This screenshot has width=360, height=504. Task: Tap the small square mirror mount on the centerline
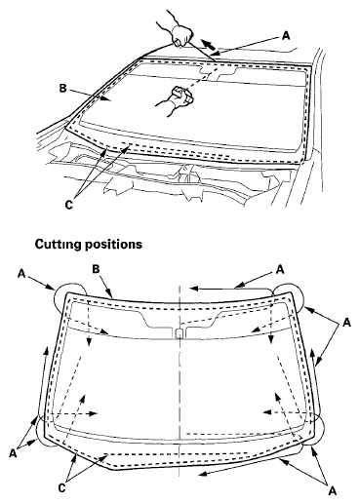coord(179,334)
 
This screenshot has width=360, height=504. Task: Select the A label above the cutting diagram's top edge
coord(279,267)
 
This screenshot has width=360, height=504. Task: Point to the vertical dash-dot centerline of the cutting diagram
coord(180,390)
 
